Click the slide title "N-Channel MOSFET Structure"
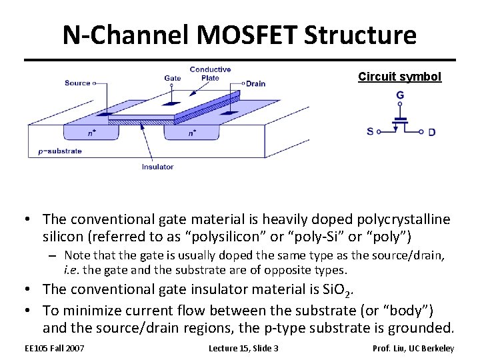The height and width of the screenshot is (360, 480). point(239,35)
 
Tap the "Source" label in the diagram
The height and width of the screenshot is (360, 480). point(77,83)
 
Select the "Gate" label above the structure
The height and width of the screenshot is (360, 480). point(173,79)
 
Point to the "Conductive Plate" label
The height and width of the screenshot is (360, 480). point(210,73)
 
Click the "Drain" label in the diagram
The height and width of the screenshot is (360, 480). point(255,84)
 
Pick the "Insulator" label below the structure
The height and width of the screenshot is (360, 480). point(157,167)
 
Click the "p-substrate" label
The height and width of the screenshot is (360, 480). point(60,151)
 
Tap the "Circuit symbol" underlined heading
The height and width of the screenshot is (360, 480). point(399,77)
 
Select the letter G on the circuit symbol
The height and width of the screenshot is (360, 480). point(400,96)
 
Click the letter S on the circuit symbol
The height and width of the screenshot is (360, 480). point(370,131)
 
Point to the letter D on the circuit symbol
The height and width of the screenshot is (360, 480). point(432,132)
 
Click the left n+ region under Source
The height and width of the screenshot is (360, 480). point(92,133)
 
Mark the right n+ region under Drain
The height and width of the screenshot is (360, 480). point(192,133)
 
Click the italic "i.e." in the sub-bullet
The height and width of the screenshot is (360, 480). point(72,269)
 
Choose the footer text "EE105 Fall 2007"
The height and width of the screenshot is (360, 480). point(55,348)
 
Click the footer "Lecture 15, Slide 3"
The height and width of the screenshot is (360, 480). point(243,348)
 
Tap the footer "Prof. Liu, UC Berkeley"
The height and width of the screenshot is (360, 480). point(413,348)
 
